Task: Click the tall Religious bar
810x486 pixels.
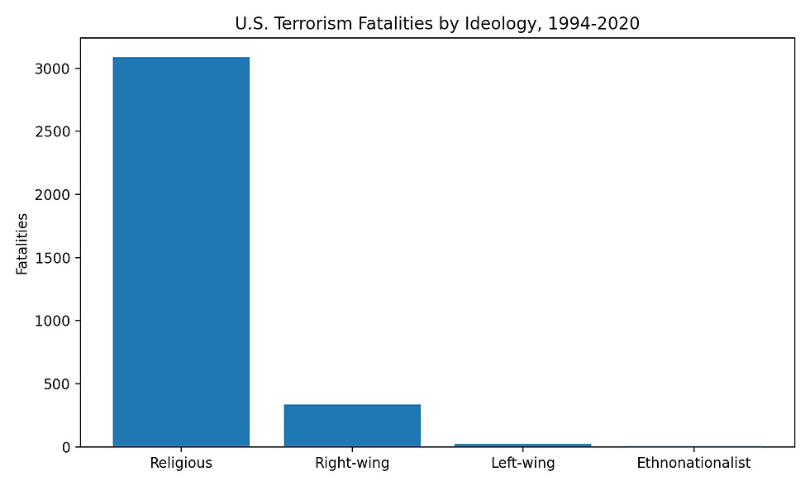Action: point(181,252)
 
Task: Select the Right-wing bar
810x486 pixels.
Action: point(352,426)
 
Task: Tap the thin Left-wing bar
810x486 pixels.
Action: point(523,445)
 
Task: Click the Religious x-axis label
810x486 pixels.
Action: point(181,463)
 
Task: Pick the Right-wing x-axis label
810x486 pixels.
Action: point(352,463)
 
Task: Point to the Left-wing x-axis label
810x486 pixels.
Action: point(523,463)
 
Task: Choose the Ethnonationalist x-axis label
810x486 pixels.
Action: point(694,463)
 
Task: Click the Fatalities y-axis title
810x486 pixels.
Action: point(22,243)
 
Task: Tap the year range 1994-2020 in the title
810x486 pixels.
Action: point(593,24)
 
